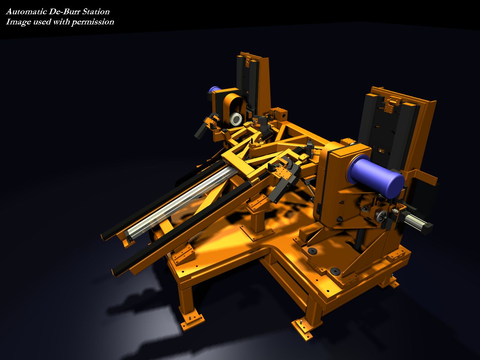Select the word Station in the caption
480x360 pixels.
96,12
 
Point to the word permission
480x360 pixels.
93,22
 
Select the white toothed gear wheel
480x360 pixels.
236,119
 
